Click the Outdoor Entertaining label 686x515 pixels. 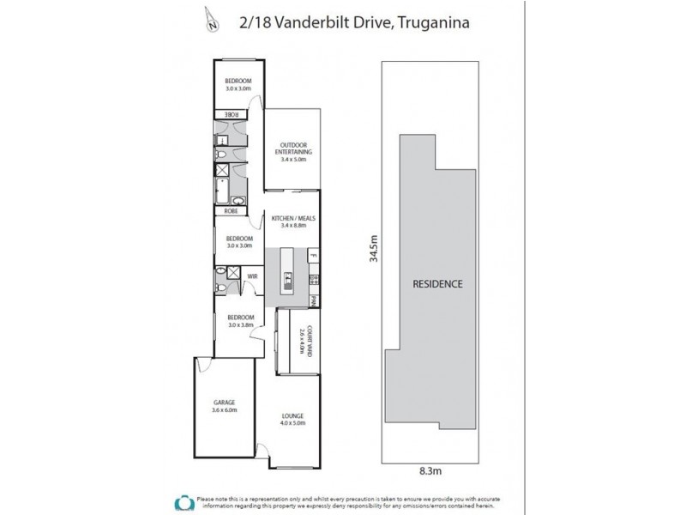293,148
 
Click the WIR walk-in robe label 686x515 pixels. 253,276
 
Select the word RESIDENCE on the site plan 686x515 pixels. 438,283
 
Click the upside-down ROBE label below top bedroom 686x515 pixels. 232,114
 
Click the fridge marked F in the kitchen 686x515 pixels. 314,256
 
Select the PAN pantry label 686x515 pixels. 315,300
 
